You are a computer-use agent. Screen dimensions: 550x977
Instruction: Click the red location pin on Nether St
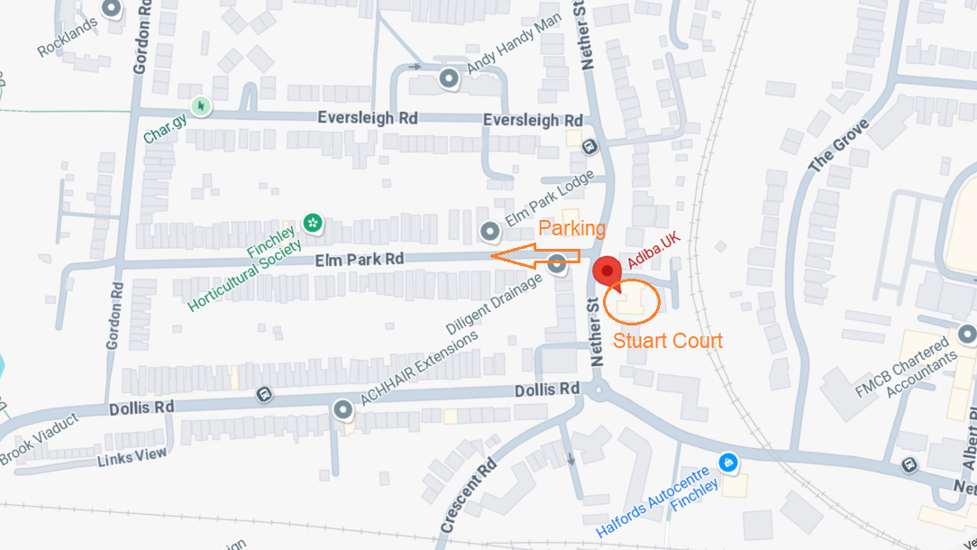[607, 270]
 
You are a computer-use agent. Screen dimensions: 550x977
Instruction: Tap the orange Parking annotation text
[572, 229]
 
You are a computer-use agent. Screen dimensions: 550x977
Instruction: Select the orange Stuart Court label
[668, 340]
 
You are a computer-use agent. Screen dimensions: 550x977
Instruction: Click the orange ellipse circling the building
[633, 302]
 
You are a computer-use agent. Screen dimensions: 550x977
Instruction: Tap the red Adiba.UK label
[653, 252]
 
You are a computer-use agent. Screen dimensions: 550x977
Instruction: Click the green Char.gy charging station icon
[200, 106]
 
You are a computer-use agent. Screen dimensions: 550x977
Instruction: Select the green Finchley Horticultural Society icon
[313, 221]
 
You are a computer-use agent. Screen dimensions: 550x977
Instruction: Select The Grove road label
[840, 145]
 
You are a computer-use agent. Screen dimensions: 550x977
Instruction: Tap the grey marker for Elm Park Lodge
[489, 232]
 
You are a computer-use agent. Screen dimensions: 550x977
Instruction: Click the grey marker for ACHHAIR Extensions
[342, 410]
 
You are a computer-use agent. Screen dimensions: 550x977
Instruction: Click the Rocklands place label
[68, 38]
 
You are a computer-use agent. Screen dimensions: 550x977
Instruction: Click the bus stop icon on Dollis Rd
[264, 394]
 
